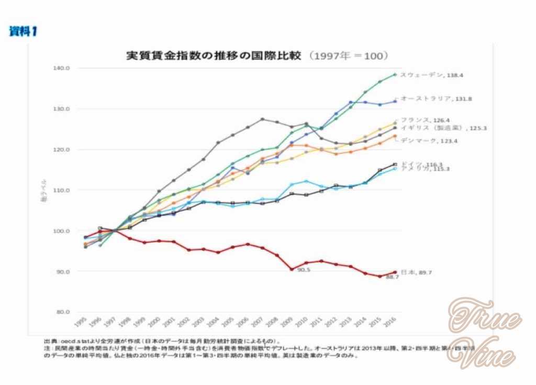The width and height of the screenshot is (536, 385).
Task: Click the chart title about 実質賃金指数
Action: point(256,56)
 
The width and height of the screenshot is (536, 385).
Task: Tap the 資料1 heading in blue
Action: point(23,31)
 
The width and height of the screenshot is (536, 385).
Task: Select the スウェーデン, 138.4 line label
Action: point(431,75)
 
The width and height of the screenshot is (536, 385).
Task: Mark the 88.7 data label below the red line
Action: point(393,277)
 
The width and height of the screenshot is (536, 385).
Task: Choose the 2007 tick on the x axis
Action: point(258,321)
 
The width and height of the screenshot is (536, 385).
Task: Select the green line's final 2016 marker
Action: point(395,74)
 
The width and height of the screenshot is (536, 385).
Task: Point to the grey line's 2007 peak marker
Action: point(262,119)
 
